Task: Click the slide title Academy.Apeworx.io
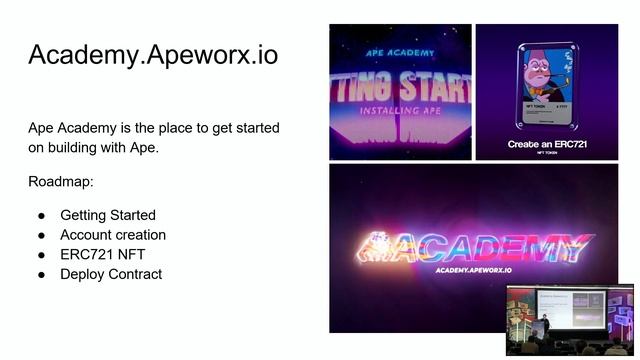coord(153,55)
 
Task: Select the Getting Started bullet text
coord(108,215)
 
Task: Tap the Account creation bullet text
coord(113,235)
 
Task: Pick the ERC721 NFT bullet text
coord(102,255)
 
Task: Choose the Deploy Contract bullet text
coord(111,275)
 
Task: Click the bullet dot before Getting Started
coord(42,215)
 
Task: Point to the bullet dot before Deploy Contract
coord(42,275)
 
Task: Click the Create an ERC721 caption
coord(546,144)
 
